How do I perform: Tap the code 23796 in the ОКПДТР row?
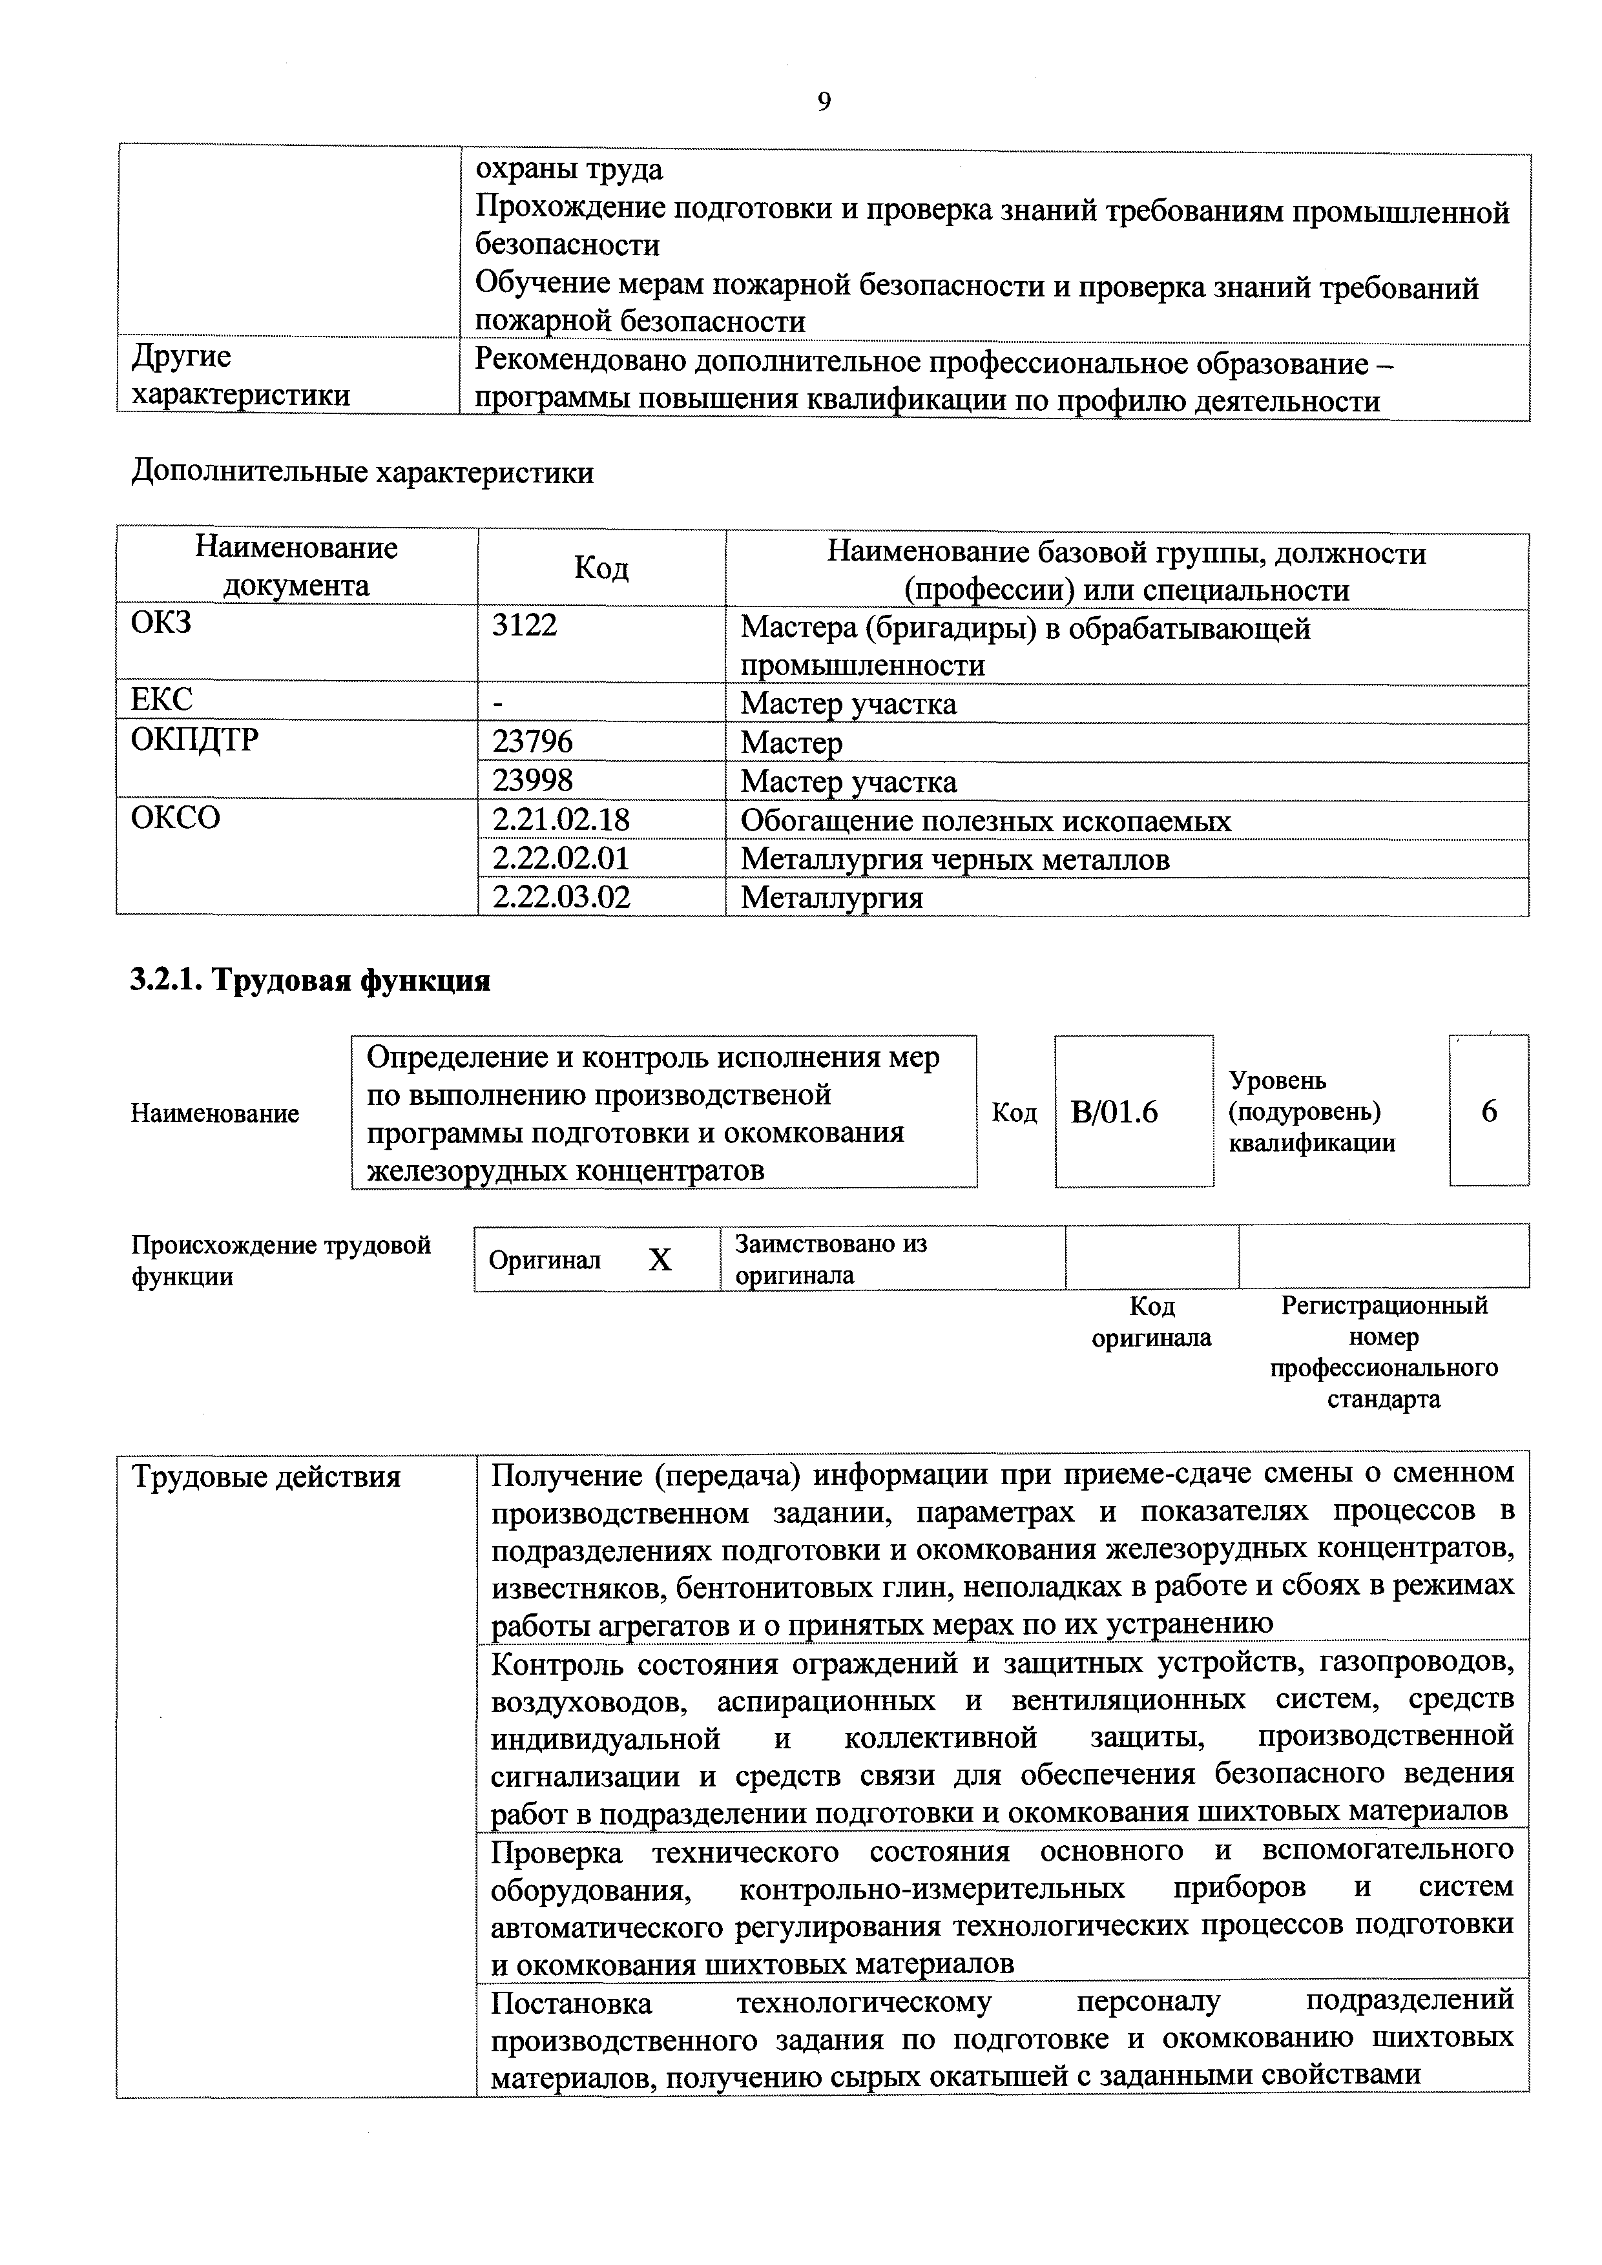pyautogui.click(x=533, y=742)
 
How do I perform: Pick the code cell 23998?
pyautogui.click(x=533, y=781)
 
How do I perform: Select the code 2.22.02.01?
pyautogui.click(x=560, y=858)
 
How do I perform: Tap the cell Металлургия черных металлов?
pyautogui.click(x=955, y=859)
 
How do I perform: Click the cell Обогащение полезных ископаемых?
pyautogui.click(x=986, y=821)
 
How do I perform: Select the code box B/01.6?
pyautogui.click(x=1115, y=1113)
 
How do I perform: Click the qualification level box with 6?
pyautogui.click(x=1488, y=1112)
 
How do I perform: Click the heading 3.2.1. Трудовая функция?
pyautogui.click(x=311, y=980)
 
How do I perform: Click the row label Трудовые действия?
pyautogui.click(x=266, y=1477)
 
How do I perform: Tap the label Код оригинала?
pyautogui.click(x=1151, y=1322)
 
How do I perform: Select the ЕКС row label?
pyautogui.click(x=161, y=699)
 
